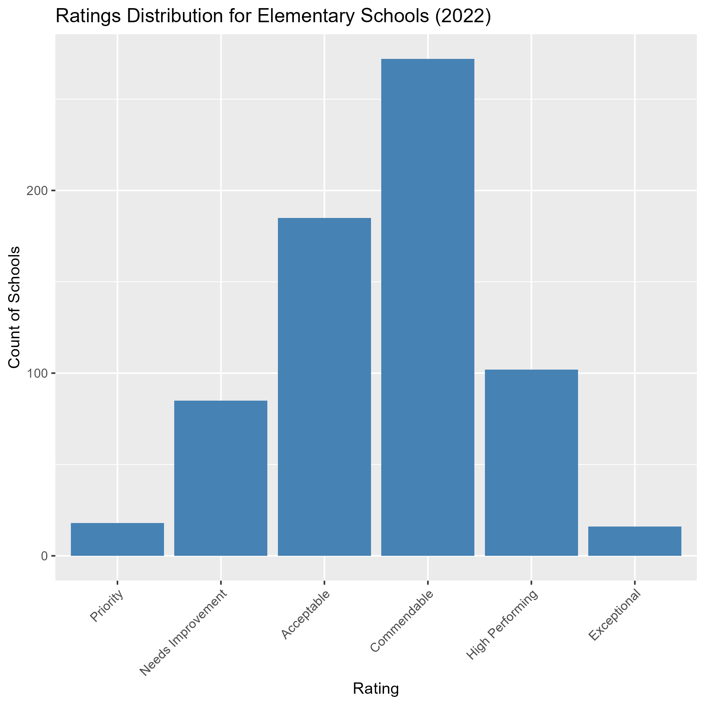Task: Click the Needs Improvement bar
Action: [221, 478]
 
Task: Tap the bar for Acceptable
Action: [324, 387]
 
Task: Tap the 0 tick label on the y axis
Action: [44, 556]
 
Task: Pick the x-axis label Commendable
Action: [401, 621]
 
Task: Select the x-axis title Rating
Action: [376, 688]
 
